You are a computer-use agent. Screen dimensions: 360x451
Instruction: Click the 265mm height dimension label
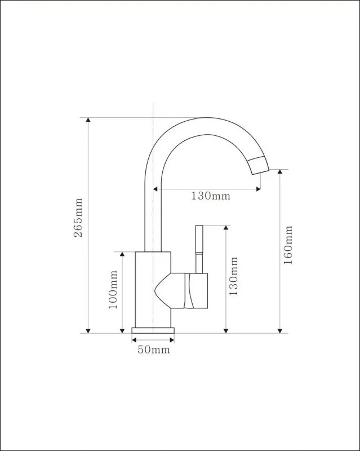click(x=78, y=218)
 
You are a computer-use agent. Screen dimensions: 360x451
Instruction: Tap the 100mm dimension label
click(x=113, y=289)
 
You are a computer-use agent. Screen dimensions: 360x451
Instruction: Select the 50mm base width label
click(x=154, y=350)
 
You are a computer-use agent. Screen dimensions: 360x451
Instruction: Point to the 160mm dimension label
click(x=288, y=245)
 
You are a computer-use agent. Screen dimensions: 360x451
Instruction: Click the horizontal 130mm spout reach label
click(x=211, y=196)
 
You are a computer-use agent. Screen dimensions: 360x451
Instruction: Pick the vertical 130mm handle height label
click(x=233, y=276)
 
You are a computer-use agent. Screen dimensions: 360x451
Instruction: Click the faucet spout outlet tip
click(x=260, y=172)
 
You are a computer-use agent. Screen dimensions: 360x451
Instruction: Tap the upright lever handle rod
click(x=199, y=249)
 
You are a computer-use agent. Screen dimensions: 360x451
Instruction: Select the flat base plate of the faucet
click(x=153, y=330)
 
